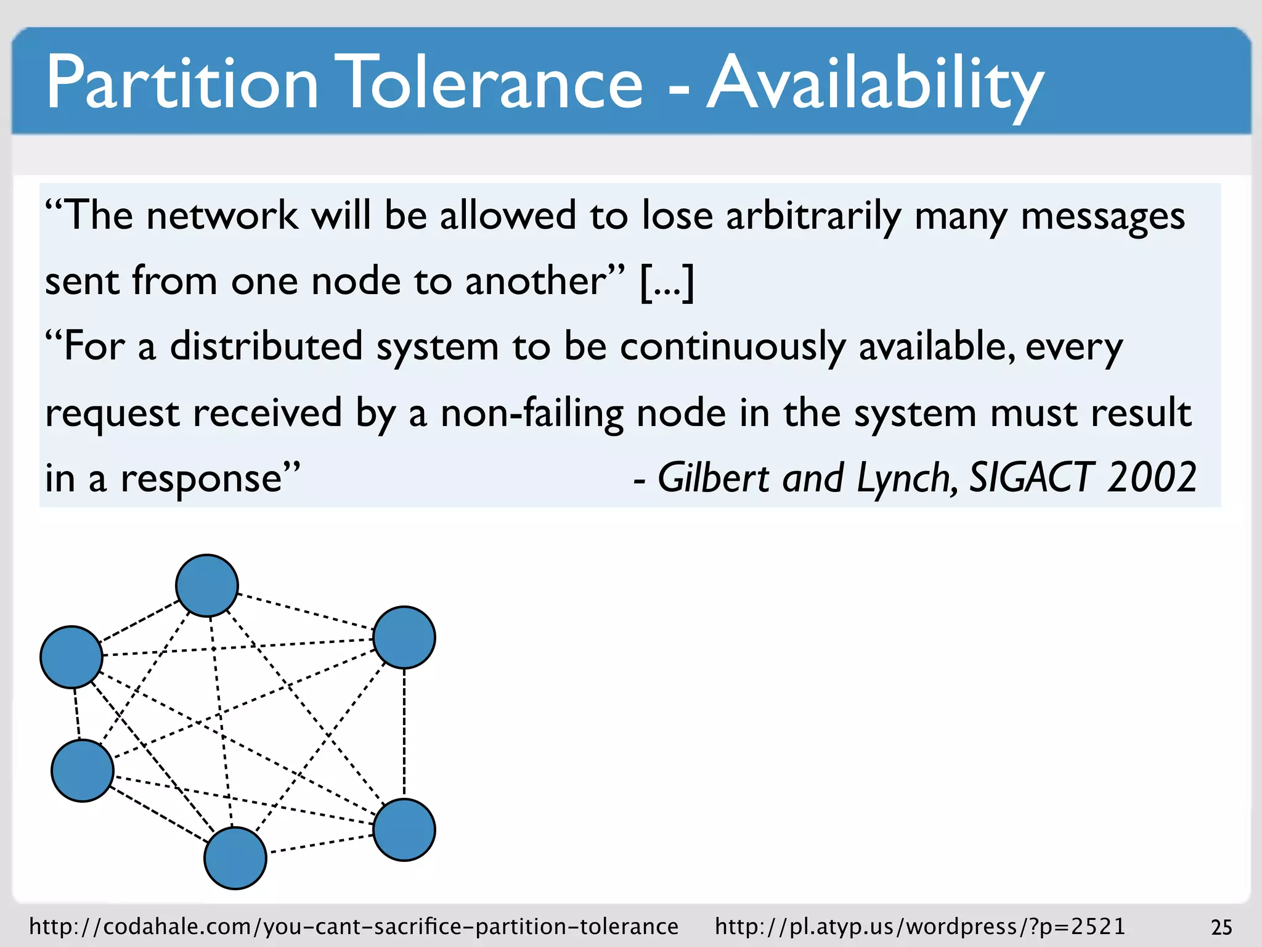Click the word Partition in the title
tap(182, 83)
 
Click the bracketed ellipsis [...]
tap(667, 282)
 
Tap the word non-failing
tap(532, 414)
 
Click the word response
tap(210, 479)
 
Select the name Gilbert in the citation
tap(714, 478)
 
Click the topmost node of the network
tap(207, 585)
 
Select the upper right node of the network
tap(404, 637)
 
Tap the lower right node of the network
tap(404, 829)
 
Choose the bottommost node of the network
tap(235, 858)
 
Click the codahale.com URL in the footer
tap(354, 927)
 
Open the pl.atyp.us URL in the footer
tap(920, 927)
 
